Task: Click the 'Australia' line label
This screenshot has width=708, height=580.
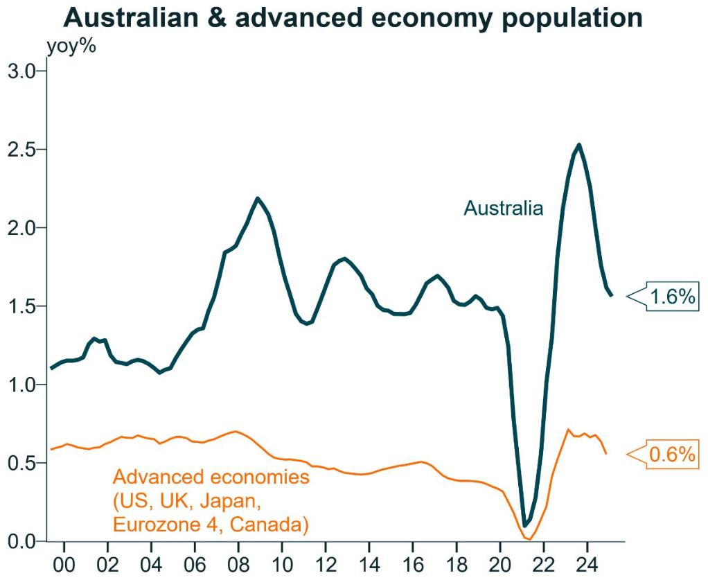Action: pos(503,208)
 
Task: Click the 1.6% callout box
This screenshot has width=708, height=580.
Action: pos(670,297)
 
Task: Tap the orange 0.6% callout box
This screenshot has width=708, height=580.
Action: pos(670,455)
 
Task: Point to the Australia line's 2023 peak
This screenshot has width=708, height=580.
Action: pos(578,145)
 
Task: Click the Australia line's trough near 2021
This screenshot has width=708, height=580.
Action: pos(525,525)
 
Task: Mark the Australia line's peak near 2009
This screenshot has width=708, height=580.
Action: pos(258,199)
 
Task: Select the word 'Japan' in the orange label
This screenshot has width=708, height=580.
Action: pos(228,501)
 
